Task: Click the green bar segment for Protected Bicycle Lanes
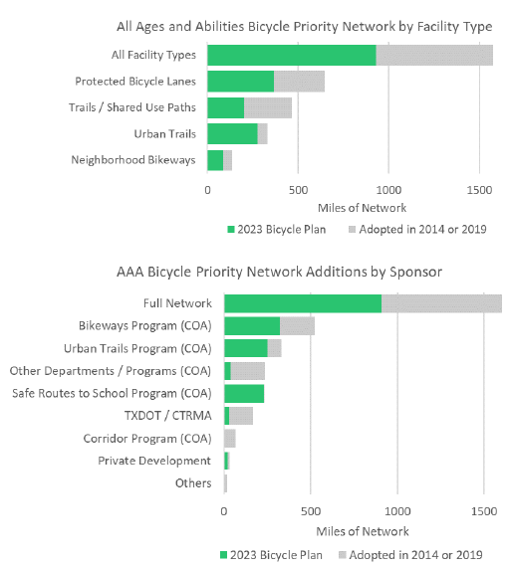pyautogui.click(x=241, y=82)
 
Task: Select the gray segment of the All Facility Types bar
pyautogui.click(x=434, y=56)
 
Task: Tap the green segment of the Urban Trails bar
pyautogui.click(x=233, y=133)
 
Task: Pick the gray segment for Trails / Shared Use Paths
pyautogui.click(x=268, y=107)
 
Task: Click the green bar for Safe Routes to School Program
pyautogui.click(x=244, y=394)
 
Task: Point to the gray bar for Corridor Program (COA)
pyautogui.click(x=230, y=439)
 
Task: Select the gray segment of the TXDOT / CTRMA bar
pyautogui.click(x=241, y=416)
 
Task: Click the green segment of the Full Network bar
pyautogui.click(x=303, y=303)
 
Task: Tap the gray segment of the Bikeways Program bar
pyautogui.click(x=298, y=326)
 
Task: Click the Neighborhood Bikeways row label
pyautogui.click(x=133, y=160)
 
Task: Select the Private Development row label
pyautogui.click(x=154, y=461)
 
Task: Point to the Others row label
pyautogui.click(x=193, y=483)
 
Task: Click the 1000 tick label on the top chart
pyautogui.click(x=388, y=190)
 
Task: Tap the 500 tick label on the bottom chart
pyautogui.click(x=311, y=511)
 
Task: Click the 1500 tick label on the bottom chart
pyautogui.click(x=484, y=511)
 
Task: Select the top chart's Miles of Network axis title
pyautogui.click(x=362, y=208)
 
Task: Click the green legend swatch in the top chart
pyautogui.click(x=231, y=230)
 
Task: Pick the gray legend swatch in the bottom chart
pyautogui.click(x=343, y=555)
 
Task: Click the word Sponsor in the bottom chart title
pyautogui.click(x=416, y=273)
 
